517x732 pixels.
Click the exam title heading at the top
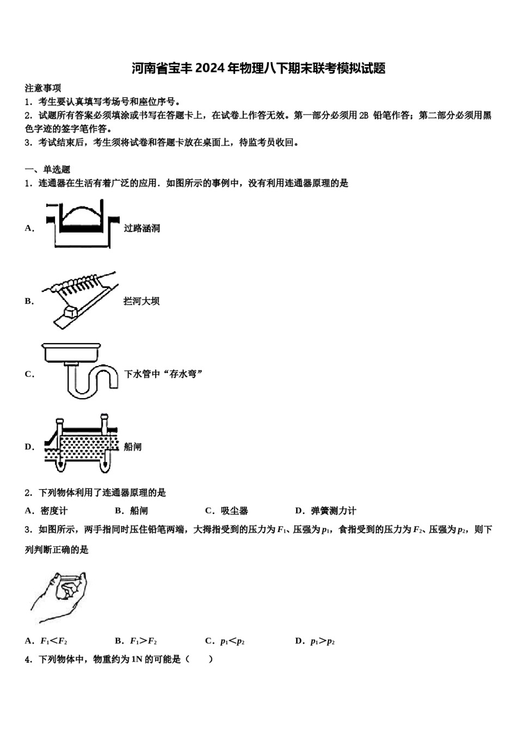click(258, 69)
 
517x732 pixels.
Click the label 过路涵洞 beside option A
click(142, 228)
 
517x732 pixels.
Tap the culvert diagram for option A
click(82, 224)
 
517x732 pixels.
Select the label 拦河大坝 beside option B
click(141, 301)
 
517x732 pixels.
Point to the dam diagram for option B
click(82, 300)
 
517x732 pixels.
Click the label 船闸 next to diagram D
click(133, 447)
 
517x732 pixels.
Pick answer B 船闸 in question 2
click(132, 511)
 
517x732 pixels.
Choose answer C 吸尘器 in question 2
click(227, 511)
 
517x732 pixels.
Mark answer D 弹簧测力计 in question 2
click(326, 511)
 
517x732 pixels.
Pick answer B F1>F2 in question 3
click(137, 641)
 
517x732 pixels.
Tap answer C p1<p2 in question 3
click(225, 641)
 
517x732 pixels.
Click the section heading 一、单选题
click(47, 169)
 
